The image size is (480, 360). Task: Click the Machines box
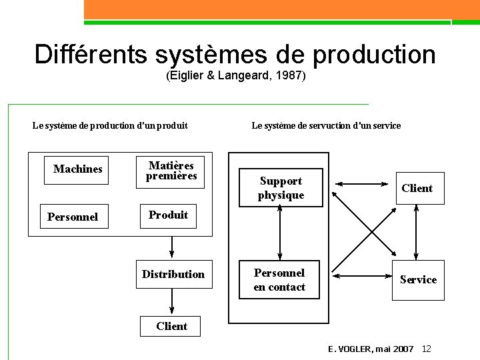click(x=78, y=169)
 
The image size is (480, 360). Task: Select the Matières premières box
click(x=171, y=171)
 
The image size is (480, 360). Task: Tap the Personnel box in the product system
click(x=73, y=217)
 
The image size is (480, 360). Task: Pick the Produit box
click(x=168, y=215)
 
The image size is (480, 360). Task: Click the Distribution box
click(x=173, y=274)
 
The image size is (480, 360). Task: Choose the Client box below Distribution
click(x=171, y=326)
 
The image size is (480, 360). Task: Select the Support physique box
click(x=281, y=188)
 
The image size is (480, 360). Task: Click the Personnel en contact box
click(x=279, y=280)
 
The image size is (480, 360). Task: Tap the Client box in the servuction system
click(x=417, y=188)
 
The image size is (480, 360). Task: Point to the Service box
click(x=418, y=280)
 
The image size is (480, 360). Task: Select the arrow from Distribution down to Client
click(x=172, y=301)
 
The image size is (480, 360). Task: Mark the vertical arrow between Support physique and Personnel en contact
click(x=280, y=233)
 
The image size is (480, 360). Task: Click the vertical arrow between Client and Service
click(x=416, y=232)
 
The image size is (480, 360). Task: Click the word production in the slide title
click(x=373, y=55)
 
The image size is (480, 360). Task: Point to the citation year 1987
click(x=291, y=76)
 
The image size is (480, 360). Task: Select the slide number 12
click(x=427, y=349)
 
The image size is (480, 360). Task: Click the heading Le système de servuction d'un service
click(x=326, y=125)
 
